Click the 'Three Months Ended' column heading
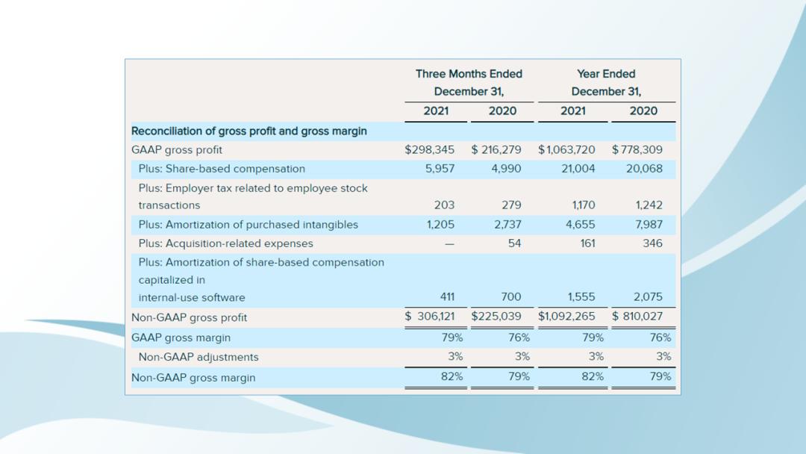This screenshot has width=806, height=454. click(469, 74)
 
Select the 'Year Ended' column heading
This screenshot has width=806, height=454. click(606, 74)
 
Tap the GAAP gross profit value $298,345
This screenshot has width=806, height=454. click(429, 149)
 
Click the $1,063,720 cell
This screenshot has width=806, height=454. click(566, 149)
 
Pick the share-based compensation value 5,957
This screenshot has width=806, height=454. click(440, 169)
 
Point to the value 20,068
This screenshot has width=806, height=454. click(644, 169)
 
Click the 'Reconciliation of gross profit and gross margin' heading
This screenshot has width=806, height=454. click(249, 131)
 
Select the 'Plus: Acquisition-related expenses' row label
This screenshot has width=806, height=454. click(225, 243)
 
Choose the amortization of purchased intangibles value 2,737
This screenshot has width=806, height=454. click(507, 225)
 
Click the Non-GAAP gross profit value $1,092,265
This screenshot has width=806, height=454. click(566, 317)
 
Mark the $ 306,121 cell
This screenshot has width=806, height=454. click(429, 317)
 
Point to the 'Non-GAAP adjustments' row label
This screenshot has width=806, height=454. click(199, 357)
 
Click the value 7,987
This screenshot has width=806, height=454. click(648, 225)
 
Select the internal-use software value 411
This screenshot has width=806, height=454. click(447, 297)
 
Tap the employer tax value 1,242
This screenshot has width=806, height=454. click(649, 205)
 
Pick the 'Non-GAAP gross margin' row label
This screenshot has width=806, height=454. click(193, 378)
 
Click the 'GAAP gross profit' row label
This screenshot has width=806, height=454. click(177, 150)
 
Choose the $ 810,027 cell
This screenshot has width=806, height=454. click(637, 317)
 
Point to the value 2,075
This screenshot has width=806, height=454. click(648, 297)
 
